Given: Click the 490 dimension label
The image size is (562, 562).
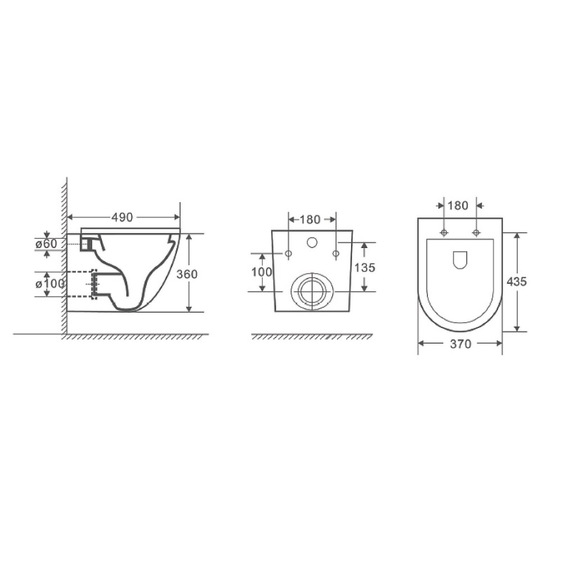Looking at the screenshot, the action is pyautogui.click(x=122, y=217).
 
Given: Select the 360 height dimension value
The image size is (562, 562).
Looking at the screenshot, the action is pyautogui.click(x=187, y=274).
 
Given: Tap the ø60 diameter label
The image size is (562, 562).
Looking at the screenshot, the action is pyautogui.click(x=46, y=244).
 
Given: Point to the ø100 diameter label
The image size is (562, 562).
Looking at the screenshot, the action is pyautogui.click(x=50, y=283).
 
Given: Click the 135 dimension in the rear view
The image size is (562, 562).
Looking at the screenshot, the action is pyautogui.click(x=365, y=268).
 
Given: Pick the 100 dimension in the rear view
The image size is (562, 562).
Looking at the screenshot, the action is pyautogui.click(x=262, y=272).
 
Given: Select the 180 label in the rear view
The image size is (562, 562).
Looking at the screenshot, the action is pyautogui.click(x=310, y=219).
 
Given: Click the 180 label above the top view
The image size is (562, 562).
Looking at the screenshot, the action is pyautogui.click(x=458, y=206).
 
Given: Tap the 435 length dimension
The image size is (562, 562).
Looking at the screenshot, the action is pyautogui.click(x=517, y=282).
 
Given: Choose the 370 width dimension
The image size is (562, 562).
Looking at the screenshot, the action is pyautogui.click(x=461, y=344).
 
